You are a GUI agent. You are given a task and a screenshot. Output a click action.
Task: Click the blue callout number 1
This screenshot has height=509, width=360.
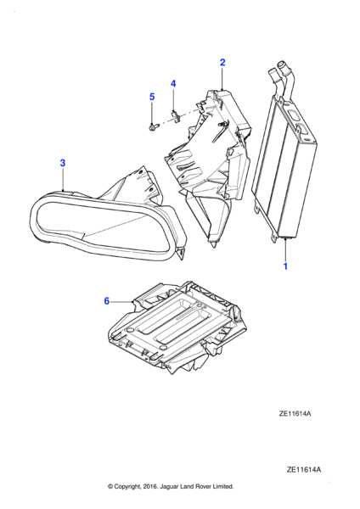[285, 266]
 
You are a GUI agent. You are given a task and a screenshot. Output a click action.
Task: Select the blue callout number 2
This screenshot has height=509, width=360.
[222, 62]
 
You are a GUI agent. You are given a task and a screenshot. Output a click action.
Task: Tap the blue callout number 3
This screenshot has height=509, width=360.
[63, 163]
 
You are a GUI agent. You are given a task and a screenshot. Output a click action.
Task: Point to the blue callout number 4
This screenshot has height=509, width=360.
[173, 84]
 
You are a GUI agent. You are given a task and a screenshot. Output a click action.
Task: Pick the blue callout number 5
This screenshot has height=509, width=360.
[152, 97]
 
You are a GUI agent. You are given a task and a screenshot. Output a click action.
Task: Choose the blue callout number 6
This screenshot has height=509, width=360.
[107, 301]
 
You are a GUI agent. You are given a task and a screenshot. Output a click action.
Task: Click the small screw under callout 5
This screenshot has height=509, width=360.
[152, 127]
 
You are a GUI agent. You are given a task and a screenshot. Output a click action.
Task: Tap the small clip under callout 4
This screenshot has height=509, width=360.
[175, 115]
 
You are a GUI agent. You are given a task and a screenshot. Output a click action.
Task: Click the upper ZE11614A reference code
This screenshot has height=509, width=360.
[295, 414]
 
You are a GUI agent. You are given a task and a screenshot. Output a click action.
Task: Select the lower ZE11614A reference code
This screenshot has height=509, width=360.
[304, 469]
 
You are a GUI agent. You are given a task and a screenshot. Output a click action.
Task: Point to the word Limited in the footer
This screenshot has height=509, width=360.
[222, 486]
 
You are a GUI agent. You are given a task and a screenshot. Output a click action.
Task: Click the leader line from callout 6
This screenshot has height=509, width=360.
[122, 302]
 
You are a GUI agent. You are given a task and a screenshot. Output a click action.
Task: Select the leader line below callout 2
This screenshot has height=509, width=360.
[222, 78]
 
